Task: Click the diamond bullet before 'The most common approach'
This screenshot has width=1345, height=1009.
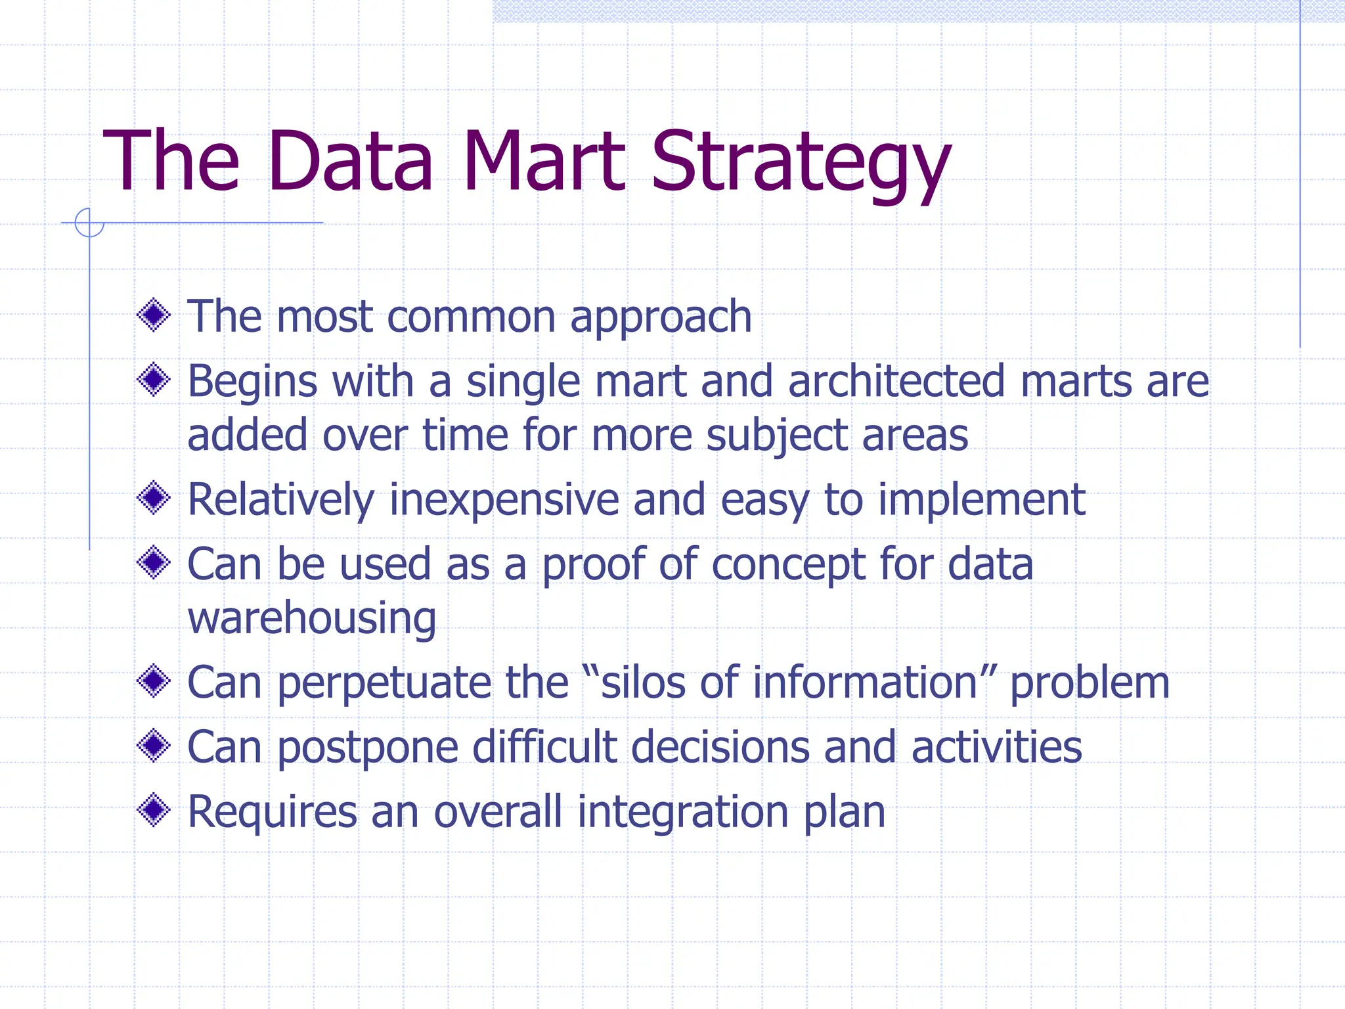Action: click(154, 315)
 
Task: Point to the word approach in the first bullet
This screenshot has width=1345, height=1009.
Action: click(661, 318)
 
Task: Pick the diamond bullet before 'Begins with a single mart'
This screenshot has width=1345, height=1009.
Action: click(154, 380)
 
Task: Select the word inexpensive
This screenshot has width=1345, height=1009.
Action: click(504, 500)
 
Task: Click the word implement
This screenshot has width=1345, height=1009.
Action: click(981, 501)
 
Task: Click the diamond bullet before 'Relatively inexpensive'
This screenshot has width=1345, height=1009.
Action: click(154, 498)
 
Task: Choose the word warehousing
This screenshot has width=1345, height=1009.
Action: click(312, 619)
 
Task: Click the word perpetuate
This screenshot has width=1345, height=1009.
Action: click(384, 683)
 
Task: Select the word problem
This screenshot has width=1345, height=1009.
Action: click(1089, 683)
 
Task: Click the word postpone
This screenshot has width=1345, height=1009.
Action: click(368, 748)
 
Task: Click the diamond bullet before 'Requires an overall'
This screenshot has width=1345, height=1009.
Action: click(154, 810)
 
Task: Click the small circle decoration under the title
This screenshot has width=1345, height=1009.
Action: click(89, 223)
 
